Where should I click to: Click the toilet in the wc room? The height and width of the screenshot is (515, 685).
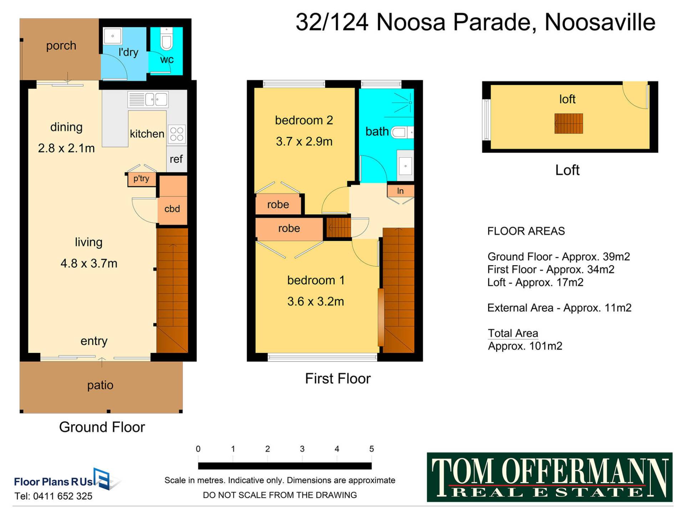coord(167,39)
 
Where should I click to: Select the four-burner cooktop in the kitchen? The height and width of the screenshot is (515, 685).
coord(177,134)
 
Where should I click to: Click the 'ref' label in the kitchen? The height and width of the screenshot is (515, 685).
coord(176,159)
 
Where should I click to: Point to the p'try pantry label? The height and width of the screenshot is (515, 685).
coord(141,178)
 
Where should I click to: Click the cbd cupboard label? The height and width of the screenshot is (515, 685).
coord(172,209)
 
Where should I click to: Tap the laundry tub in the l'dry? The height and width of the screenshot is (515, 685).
coord(113,36)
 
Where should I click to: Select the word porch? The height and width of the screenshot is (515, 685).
coord(61,46)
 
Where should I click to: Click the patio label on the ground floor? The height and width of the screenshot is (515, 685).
coord(100,385)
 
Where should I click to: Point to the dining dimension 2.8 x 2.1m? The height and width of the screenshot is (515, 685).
coord(66,148)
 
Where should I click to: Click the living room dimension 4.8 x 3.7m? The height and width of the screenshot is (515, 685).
coord(89,263)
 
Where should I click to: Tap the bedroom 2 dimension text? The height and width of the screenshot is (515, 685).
coord(304,141)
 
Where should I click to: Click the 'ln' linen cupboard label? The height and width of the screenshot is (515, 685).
coord(400,191)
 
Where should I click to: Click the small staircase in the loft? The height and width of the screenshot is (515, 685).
coord(569,123)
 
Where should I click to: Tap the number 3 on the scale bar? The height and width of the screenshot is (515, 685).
coord(302,449)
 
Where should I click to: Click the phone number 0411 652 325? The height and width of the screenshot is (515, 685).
coord(63,496)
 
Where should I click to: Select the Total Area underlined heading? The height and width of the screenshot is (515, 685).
coord(513,333)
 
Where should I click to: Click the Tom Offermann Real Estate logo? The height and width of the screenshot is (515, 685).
coord(550,477)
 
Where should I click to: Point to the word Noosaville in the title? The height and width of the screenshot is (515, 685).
coord(600,22)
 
